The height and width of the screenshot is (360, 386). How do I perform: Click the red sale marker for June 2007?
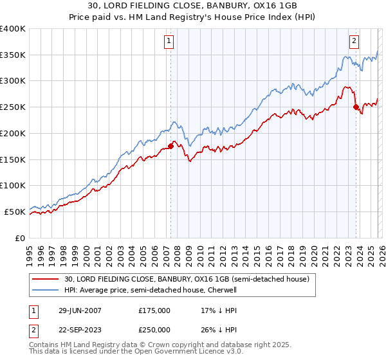click(x=170, y=146)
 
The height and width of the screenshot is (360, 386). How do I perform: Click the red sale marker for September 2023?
click(x=356, y=107)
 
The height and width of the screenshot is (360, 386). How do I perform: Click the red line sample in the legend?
click(x=46, y=280)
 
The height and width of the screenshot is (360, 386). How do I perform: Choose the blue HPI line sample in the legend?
click(x=46, y=290)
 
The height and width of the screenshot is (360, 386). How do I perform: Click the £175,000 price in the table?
click(x=154, y=310)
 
